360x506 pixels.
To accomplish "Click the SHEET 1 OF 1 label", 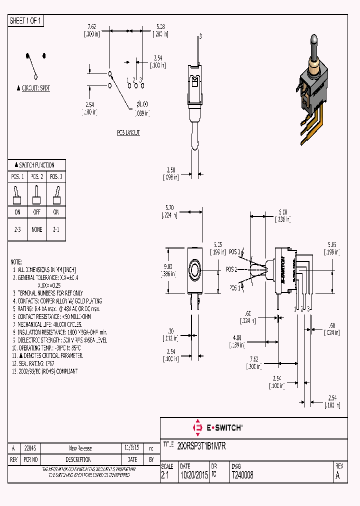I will click(x=25, y=21).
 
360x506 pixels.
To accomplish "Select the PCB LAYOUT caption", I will click(x=128, y=132).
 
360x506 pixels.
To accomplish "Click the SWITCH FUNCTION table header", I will click(x=36, y=165).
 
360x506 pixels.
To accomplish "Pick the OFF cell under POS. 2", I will click(x=36, y=212).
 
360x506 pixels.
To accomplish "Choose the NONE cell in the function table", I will click(x=36, y=229).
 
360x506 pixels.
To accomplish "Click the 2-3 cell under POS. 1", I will click(x=17, y=229).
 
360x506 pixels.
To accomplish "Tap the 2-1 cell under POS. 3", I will click(x=56, y=229).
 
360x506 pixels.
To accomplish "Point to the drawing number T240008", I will click(x=242, y=476).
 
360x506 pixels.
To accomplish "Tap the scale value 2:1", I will click(x=165, y=476).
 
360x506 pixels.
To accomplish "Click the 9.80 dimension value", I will click(x=168, y=266).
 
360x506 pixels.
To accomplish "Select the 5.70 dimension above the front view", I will click(x=169, y=207).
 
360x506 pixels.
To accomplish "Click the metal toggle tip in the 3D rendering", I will click(x=313, y=38).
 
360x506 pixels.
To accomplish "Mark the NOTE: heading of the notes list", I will click(x=16, y=262).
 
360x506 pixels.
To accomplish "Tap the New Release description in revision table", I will click(x=80, y=448).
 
